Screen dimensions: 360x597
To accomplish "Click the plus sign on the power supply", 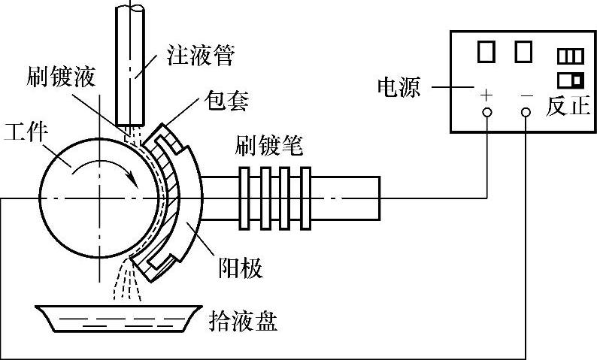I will pos(486,95).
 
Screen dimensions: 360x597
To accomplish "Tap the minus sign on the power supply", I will pos(526,95).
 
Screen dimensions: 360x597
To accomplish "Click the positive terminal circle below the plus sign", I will pos(486,113).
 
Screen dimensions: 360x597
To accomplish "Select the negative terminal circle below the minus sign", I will pos(526,113).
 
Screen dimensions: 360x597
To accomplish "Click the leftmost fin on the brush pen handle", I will pos(246,197).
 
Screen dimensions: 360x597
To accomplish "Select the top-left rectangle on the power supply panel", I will pos(486,51).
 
